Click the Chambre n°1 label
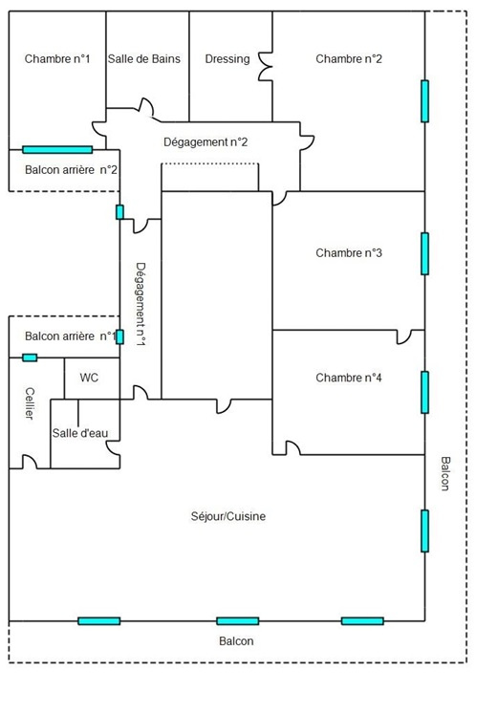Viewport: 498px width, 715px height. [x=57, y=59]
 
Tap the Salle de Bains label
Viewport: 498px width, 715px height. [x=144, y=59]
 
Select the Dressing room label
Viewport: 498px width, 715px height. [x=227, y=59]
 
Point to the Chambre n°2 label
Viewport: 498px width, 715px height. [x=349, y=59]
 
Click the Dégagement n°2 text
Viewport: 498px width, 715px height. [x=206, y=142]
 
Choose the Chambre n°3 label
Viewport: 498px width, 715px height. [x=349, y=253]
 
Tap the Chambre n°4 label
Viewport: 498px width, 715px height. [x=349, y=378]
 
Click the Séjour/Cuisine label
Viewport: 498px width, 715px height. [x=228, y=516]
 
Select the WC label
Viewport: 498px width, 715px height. [x=89, y=378]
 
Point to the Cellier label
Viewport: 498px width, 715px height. [x=30, y=403]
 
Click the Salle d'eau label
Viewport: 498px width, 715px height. [x=80, y=433]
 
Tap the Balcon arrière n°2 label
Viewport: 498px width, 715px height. [x=71, y=170]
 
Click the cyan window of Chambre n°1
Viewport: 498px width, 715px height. [x=57, y=149]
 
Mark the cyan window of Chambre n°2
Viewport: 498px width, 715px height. [x=424, y=101]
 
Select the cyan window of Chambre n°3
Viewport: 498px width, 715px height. [x=424, y=254]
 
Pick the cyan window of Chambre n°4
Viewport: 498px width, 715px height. [x=424, y=393]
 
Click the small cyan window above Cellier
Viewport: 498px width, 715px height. [x=30, y=357]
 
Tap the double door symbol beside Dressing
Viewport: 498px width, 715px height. [x=264, y=67]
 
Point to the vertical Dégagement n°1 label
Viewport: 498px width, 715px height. [x=141, y=304]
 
